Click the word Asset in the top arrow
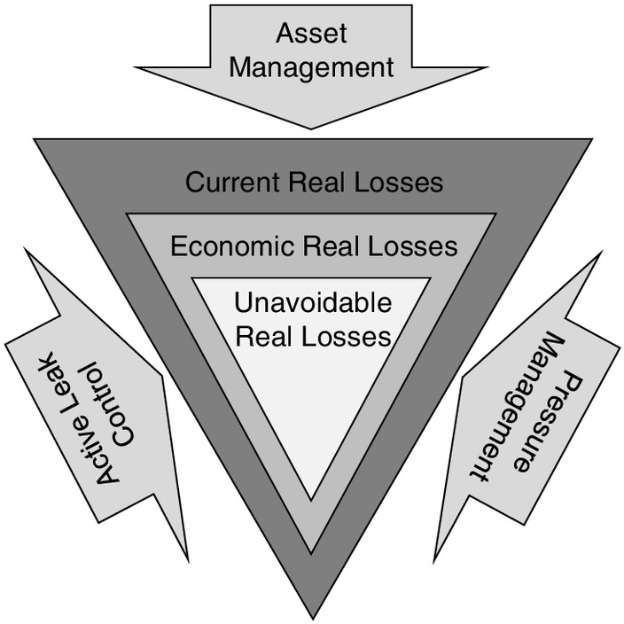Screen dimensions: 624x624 coord(311,33)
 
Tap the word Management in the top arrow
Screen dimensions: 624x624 coord(311,67)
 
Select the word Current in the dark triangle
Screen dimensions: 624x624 coord(232,183)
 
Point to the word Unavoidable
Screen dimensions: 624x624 coord(313,302)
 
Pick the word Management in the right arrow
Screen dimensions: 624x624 coord(518,407)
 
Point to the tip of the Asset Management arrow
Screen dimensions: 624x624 coord(311,129)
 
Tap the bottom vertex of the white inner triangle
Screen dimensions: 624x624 coord(311,500)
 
